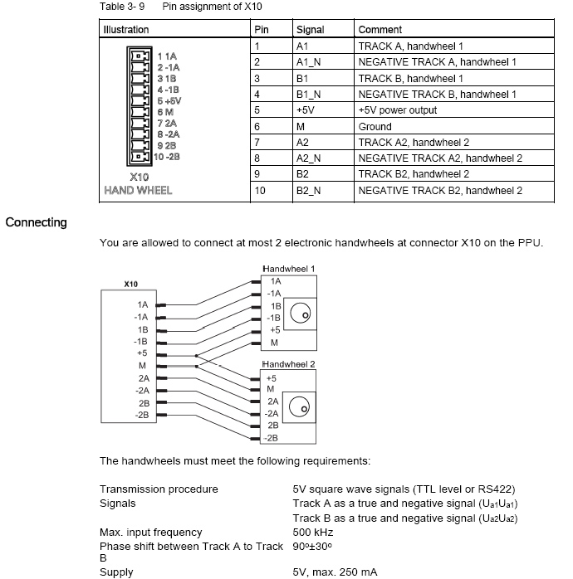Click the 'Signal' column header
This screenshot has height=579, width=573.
point(310,30)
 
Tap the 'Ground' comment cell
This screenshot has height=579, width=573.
point(375,127)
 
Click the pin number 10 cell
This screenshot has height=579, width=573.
point(260,191)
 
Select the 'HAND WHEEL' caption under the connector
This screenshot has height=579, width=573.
point(138,190)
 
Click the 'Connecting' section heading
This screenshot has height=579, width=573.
point(37,222)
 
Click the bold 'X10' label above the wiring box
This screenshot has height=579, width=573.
point(130,284)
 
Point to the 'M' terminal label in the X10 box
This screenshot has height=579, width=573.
point(142,365)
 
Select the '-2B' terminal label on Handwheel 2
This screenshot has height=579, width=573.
point(270,437)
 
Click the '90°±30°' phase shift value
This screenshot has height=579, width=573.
point(314,546)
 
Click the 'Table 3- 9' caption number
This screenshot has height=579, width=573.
point(122,6)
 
